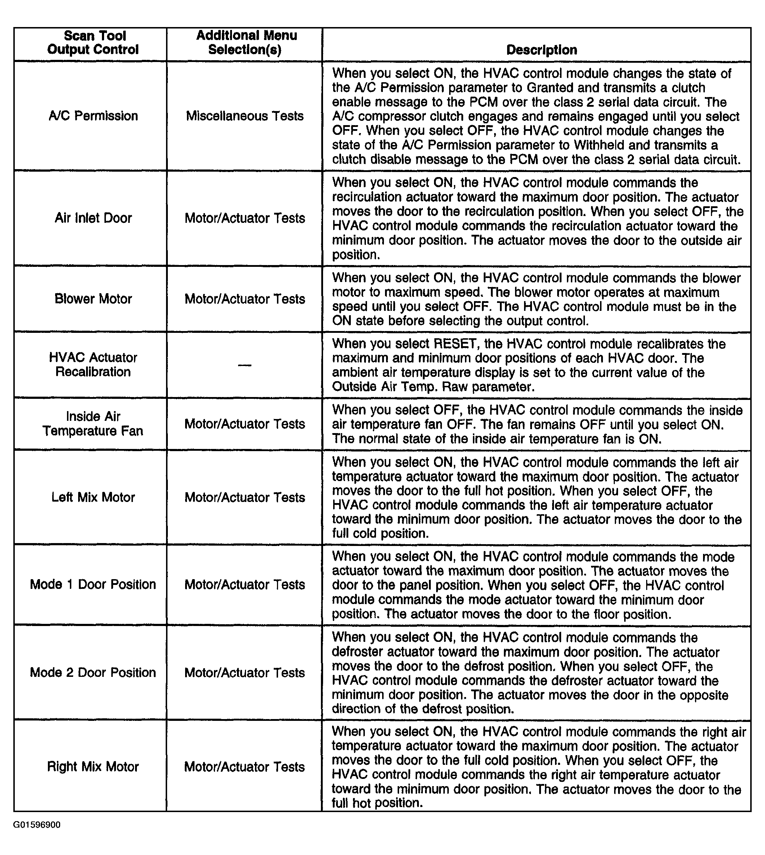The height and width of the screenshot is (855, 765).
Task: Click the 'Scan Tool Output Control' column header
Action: point(93,43)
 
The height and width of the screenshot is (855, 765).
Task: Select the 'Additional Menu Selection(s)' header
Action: point(246,43)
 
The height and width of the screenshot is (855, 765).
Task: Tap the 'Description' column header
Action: point(541,50)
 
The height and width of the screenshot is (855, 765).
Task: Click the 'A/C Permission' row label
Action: point(93,116)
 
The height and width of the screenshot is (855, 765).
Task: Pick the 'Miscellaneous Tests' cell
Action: point(245,116)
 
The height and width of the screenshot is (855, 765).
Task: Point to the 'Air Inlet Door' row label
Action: point(93,218)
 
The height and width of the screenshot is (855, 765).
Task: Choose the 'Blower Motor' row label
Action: point(93,299)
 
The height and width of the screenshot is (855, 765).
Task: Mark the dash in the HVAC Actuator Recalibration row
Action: point(245,365)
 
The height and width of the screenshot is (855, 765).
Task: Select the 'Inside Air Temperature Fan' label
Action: point(93,423)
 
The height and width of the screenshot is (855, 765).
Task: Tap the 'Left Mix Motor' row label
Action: point(93,497)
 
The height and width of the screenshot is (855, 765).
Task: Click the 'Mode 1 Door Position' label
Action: point(93,584)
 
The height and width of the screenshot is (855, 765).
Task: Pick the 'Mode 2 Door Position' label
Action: point(93,673)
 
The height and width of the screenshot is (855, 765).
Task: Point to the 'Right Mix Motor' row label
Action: point(93,766)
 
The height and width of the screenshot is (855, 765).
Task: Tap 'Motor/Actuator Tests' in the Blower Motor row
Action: point(245,299)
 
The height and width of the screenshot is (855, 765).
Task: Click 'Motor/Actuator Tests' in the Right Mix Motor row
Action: point(245,767)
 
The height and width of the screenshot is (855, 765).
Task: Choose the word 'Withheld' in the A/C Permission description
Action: point(601,145)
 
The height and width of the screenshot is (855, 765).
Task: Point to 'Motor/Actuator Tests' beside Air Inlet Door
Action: point(245,218)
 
